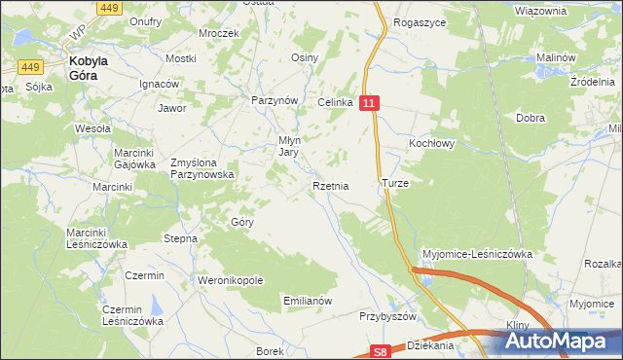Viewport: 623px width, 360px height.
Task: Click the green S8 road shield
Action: (x=384, y=353)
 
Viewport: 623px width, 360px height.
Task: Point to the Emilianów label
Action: (x=308, y=301)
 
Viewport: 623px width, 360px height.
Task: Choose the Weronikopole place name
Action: (x=231, y=280)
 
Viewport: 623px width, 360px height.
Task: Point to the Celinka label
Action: (x=333, y=102)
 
